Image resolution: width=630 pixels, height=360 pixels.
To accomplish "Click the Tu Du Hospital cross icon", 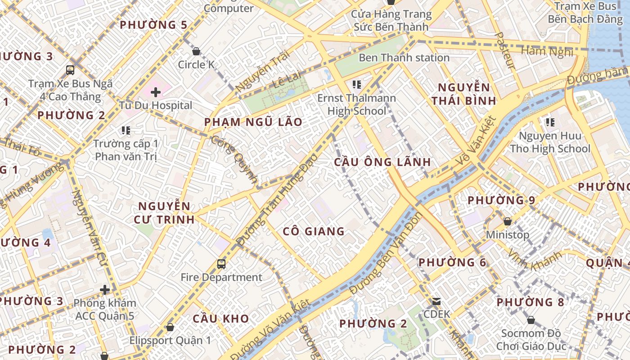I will [156, 93].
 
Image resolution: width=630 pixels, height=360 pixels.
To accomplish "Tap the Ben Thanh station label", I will [404, 58].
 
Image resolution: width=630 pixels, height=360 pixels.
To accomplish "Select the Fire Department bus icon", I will [221, 264].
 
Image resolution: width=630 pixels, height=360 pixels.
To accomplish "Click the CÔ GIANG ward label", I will [314, 232].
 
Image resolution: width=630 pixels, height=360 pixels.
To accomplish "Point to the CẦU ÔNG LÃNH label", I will [382, 162].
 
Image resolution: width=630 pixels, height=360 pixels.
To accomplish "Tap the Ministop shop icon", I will [508, 222].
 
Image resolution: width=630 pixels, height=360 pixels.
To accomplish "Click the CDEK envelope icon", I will [436, 301].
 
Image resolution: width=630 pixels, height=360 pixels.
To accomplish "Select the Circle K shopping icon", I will [196, 52].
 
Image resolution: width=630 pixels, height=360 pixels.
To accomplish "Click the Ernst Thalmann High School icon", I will [357, 85].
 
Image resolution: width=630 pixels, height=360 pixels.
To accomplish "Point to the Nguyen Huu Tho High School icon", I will [549, 122].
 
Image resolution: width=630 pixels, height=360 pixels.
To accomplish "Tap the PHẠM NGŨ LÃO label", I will [253, 122].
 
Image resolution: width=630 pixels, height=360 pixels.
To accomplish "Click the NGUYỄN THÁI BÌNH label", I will [464, 94].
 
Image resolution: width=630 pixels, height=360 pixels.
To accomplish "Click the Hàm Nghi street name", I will [547, 51].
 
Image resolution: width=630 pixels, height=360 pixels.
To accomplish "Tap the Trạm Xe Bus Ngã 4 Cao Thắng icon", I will [70, 70].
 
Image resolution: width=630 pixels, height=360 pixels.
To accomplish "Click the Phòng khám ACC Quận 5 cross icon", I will [105, 290].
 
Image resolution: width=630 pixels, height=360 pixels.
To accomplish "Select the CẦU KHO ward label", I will [220, 319].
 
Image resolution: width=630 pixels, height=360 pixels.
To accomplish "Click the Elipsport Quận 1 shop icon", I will [170, 327].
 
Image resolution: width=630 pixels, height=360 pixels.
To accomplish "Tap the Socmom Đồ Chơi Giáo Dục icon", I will [531, 320].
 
